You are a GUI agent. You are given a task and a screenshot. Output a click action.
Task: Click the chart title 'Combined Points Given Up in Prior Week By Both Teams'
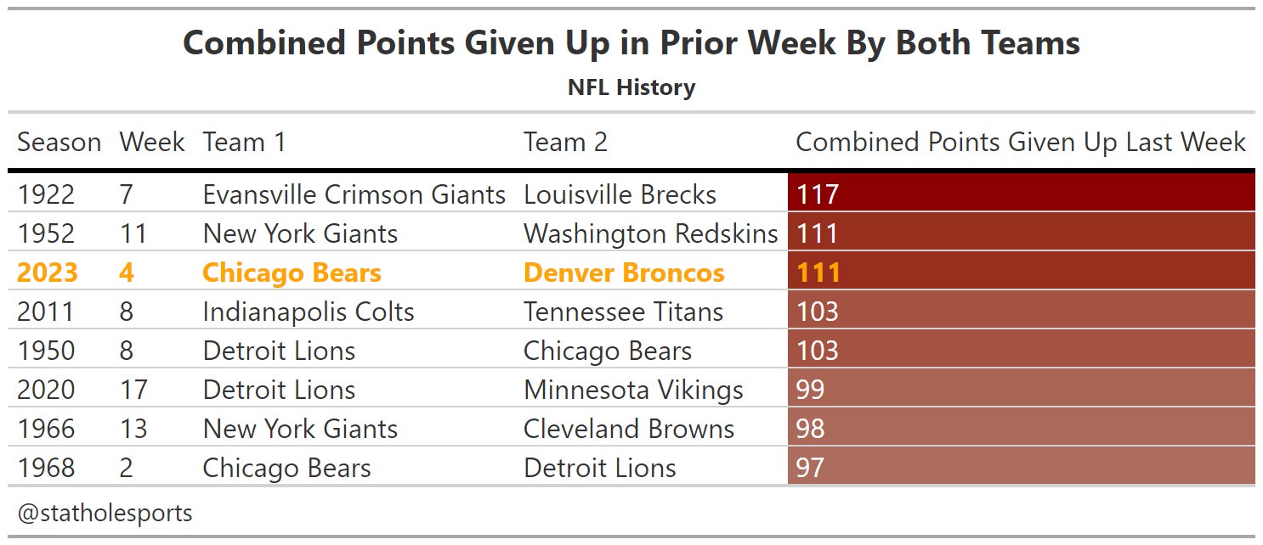tap(631, 43)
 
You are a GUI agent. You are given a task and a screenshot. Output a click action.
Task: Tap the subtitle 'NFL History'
tap(631, 87)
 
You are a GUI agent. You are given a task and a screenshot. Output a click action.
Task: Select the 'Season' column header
tap(59, 142)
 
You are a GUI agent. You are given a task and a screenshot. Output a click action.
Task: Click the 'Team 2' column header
tap(565, 142)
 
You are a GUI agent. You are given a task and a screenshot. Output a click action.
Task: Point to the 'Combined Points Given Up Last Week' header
tap(1020, 142)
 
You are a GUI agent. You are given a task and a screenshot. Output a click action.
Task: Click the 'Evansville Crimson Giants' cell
tap(354, 194)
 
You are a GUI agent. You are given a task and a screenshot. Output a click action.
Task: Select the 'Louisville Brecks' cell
tap(620, 194)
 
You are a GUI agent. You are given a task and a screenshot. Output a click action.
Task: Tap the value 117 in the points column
tap(818, 194)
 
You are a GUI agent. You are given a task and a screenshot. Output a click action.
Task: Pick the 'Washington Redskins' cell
tap(650, 233)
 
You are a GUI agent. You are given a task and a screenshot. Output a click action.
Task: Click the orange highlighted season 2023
tap(47, 272)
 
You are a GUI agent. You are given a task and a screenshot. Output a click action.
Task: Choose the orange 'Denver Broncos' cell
tap(624, 272)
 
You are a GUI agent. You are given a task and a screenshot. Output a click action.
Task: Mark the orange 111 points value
tap(818, 272)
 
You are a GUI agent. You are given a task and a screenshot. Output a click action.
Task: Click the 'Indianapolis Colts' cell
tap(308, 312)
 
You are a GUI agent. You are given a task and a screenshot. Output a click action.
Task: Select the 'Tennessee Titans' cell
tap(623, 312)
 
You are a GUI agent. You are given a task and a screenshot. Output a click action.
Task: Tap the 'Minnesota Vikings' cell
tap(633, 390)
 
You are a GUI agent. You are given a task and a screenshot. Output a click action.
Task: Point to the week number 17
tap(133, 390)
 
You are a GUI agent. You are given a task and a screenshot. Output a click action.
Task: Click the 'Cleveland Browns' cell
tap(628, 429)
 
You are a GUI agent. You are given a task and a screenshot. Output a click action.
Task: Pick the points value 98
tap(810, 429)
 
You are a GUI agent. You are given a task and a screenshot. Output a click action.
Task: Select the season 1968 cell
tap(46, 468)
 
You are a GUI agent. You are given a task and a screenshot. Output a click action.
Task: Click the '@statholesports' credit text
tap(105, 513)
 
